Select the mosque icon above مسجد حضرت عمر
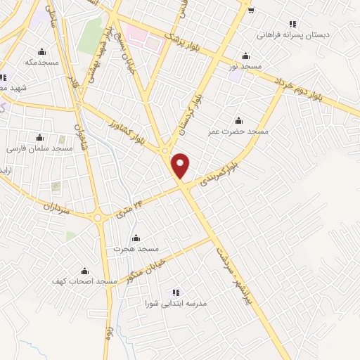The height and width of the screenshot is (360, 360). pos(239,120)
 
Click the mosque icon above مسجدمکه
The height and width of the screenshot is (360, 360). pos(41,51)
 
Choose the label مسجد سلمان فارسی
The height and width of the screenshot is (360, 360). pos(39,149)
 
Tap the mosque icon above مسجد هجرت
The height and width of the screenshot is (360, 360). pos(136,238)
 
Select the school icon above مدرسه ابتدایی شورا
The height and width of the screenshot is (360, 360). pos(176,292)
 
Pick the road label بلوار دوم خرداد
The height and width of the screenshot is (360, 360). pos(309,89)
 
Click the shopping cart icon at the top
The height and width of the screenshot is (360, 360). pos(250,9)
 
